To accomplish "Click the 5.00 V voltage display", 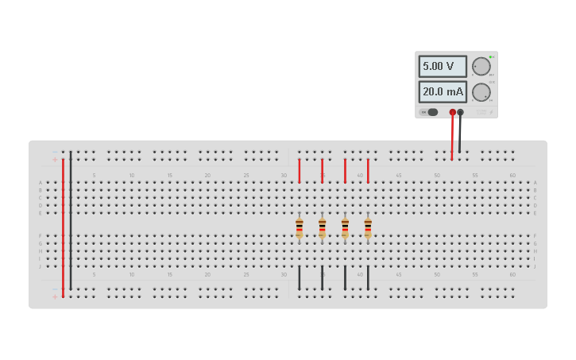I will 443,66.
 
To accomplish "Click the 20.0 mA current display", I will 443,91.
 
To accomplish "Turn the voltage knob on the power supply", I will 481,66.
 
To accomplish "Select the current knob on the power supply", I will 481,92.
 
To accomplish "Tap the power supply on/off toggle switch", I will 430,112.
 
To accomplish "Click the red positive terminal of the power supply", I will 452,112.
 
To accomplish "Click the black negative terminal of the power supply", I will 460,112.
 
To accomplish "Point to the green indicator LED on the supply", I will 491,56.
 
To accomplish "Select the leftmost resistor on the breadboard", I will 299,228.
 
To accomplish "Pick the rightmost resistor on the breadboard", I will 368,228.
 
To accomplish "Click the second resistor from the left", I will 322,228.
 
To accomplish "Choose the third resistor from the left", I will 345,228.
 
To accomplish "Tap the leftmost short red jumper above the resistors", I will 299,170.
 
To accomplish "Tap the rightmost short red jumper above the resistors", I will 368,170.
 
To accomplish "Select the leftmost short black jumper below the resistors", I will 299,277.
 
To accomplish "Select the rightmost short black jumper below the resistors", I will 368,277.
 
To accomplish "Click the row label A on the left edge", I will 41,183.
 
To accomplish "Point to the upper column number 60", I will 512,175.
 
